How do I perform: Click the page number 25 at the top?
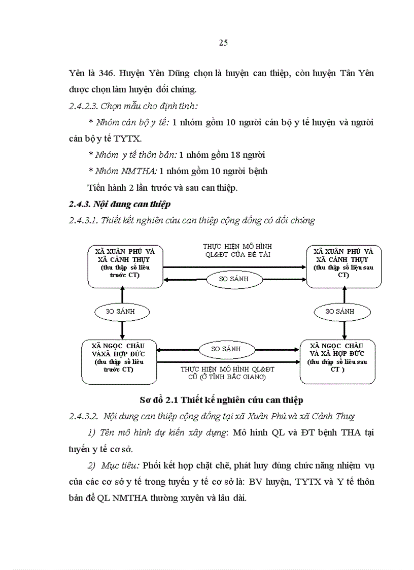click(x=223, y=43)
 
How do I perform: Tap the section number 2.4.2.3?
click(x=84, y=106)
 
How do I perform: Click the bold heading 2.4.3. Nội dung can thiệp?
click(x=120, y=204)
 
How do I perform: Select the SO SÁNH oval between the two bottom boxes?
click(x=226, y=349)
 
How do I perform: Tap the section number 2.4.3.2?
click(x=84, y=417)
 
